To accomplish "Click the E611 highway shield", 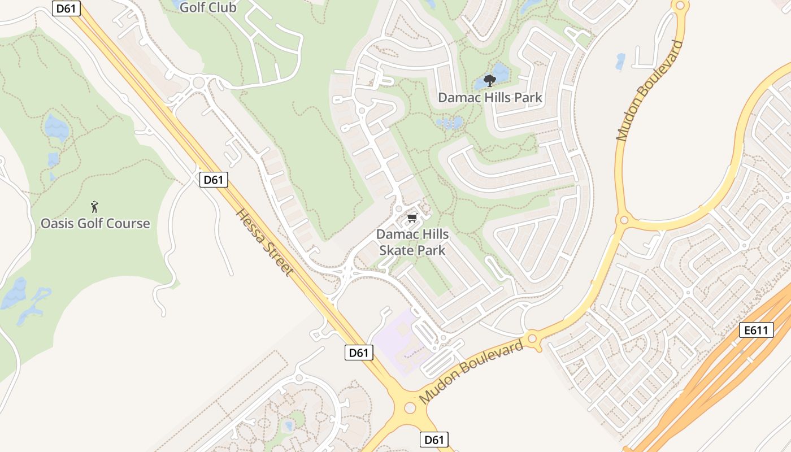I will tap(756, 330).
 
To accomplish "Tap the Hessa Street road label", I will tap(265, 242).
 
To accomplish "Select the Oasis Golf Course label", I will tap(95, 223).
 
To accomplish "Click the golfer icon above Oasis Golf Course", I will tap(95, 207).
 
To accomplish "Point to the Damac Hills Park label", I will tap(490, 98).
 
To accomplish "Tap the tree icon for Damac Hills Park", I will tap(490, 81).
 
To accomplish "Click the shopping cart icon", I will tap(412, 218).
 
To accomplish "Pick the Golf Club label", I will tap(208, 8).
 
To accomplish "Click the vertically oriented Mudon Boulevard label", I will tap(650, 90).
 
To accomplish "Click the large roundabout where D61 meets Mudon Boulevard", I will tap(410, 407).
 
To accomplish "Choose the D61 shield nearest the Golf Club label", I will tap(67, 8).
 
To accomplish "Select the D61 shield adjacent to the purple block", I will tap(359, 353).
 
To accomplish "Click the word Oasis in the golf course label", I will tap(55, 223).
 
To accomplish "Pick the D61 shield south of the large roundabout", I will tap(434, 440).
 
